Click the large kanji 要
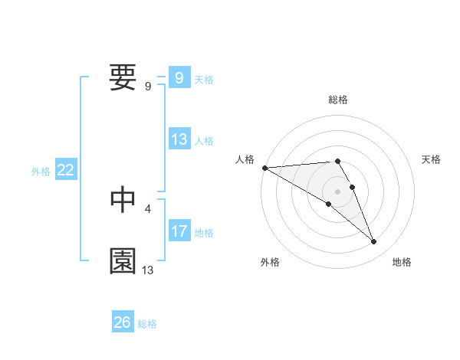123,78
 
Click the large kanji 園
123,261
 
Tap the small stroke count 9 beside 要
148,87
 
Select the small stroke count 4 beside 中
148,208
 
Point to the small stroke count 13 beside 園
148,270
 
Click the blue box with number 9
179,78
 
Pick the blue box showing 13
179,139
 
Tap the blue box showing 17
179,231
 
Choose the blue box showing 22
65,171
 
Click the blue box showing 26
122,322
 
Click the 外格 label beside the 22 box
41,172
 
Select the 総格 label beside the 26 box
147,324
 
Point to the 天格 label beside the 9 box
204,79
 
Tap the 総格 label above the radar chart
338,100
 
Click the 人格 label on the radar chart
245,159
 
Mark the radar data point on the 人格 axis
264,168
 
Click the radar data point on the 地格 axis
374,242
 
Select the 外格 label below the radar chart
270,262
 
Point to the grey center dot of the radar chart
338,191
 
